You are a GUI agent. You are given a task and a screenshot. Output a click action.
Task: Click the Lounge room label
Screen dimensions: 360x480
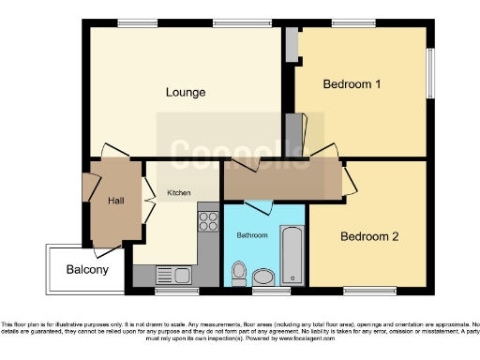pos(186,92)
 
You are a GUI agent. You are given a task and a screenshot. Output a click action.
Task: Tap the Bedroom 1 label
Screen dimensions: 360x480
pos(352,84)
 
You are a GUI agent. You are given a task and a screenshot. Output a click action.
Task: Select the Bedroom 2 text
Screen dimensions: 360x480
pos(369,236)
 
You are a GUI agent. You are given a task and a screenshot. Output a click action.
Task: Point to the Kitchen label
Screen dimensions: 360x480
pos(179,193)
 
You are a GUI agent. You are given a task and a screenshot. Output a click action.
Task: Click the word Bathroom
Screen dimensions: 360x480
pos(251,234)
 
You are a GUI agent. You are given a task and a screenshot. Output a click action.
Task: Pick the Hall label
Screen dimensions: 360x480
pos(116,201)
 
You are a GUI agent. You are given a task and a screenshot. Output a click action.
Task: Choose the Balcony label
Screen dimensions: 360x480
pos(87,270)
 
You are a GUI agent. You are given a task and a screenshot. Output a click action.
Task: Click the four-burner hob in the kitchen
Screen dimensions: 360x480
pos(207,223)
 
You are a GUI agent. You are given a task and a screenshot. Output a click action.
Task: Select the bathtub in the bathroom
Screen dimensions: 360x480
pos(293,255)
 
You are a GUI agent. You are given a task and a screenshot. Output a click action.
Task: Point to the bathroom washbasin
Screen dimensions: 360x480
pos(263,276)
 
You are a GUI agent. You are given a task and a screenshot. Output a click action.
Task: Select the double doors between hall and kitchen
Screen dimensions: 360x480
pos(148,199)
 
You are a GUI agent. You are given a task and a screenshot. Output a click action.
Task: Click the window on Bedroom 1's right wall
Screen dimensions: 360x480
pos(431,70)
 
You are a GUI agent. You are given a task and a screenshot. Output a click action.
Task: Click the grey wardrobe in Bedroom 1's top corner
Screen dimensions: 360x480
pos(292,43)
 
